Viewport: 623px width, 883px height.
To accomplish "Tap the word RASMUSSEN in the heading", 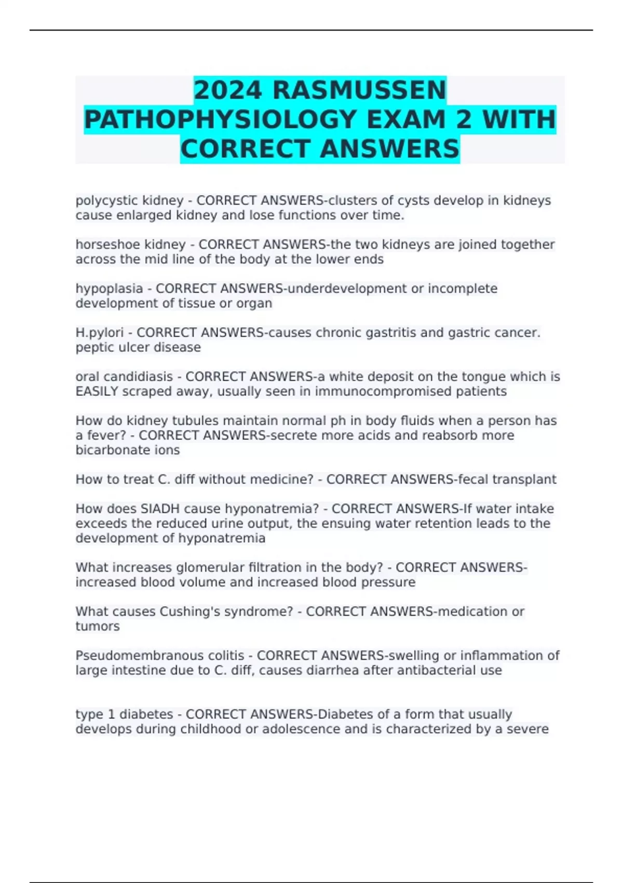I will tap(359, 90).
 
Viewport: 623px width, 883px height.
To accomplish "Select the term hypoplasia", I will tap(109, 289).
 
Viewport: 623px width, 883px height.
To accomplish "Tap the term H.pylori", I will tap(100, 332).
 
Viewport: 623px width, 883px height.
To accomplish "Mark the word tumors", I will tap(98, 626).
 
